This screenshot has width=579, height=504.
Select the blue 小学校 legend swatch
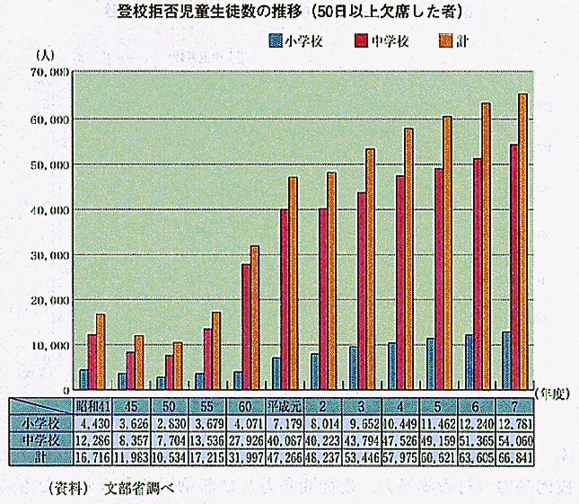tap(275, 40)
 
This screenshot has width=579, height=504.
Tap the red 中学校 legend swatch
tap(360, 40)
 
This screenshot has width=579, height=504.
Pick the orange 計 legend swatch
tap(444, 40)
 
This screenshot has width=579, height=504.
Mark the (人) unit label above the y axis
tap(41, 56)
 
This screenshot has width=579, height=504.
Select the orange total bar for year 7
tap(523, 241)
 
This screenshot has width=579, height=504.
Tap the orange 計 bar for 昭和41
tap(101, 351)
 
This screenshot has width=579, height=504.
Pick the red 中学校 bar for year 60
tap(245, 326)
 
